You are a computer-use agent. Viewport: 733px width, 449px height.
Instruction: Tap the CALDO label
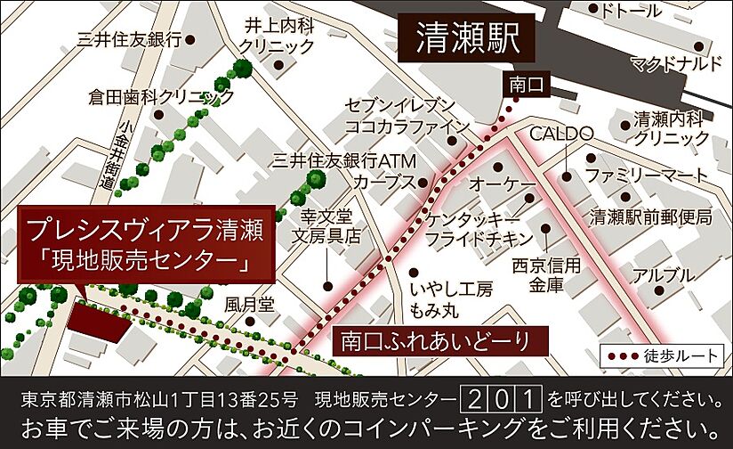pyautogui.click(x=561, y=134)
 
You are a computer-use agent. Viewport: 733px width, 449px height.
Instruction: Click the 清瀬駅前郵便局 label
pyautogui.click(x=652, y=216)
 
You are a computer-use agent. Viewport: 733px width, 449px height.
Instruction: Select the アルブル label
pyautogui.click(x=660, y=276)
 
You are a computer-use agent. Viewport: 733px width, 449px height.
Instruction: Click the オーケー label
pyautogui.click(x=503, y=184)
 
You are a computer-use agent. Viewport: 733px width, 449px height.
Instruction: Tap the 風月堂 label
pyautogui.click(x=249, y=304)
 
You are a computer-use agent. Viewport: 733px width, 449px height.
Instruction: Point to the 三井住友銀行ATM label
pyautogui.click(x=339, y=161)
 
